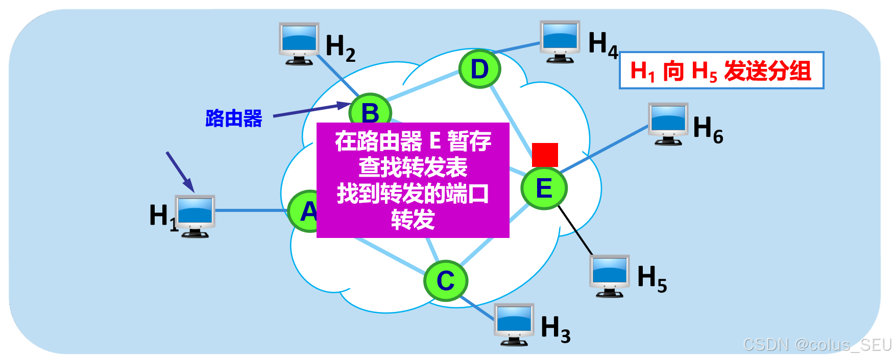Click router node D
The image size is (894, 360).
479,69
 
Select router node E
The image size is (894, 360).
544,188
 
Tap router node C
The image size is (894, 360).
446,280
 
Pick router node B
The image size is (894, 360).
371,109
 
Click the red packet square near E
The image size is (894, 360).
545,155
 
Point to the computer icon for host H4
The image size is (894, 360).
560,41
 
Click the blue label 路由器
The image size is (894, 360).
234,118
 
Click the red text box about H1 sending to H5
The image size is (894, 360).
721,70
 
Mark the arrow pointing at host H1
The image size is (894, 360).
180,171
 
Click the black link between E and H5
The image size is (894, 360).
575,230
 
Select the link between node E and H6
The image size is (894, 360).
605,148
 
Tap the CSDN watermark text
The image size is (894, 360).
817,345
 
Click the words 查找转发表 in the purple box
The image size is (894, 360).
413,167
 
